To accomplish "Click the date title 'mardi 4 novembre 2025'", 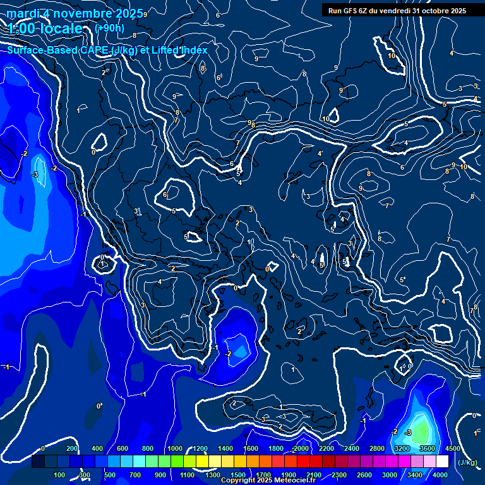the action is coord(75,13).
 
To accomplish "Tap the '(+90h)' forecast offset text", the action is coord(109,28).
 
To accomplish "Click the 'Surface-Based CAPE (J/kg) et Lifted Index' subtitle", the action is coord(107,50).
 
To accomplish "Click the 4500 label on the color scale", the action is coord(452,448).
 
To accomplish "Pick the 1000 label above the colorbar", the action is coord(174,448).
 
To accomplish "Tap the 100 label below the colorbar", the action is coord(60,475).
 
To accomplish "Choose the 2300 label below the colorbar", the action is coord(339,475).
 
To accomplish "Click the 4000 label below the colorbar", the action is coord(440,475).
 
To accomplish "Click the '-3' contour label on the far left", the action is coord(35,174).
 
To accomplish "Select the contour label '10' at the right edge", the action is coord(464,167).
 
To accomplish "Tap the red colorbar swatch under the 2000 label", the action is coord(301,462).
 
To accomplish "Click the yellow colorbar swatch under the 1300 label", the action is coord(213,462).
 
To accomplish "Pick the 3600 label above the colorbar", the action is coord(427,448).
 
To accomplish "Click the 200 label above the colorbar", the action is coord(72,448).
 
